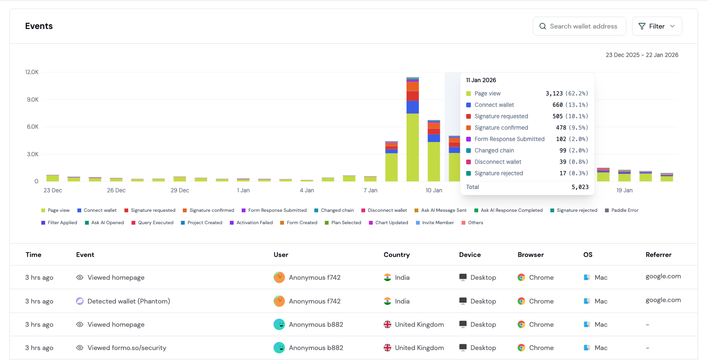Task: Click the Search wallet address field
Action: click(583, 26)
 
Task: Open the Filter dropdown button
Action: click(657, 26)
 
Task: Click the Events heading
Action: click(39, 26)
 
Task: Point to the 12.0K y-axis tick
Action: click(32, 72)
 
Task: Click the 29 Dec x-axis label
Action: click(179, 190)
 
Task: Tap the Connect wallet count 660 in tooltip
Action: click(557, 105)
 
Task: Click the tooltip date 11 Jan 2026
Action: click(481, 80)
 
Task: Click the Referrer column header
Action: click(658, 255)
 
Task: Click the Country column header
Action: click(396, 255)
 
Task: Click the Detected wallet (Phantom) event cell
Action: click(129, 301)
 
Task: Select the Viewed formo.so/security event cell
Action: click(127, 348)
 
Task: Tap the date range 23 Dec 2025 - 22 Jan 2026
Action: click(642, 55)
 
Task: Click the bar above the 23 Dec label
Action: click(53, 178)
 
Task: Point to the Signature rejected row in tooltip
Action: click(499, 173)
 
